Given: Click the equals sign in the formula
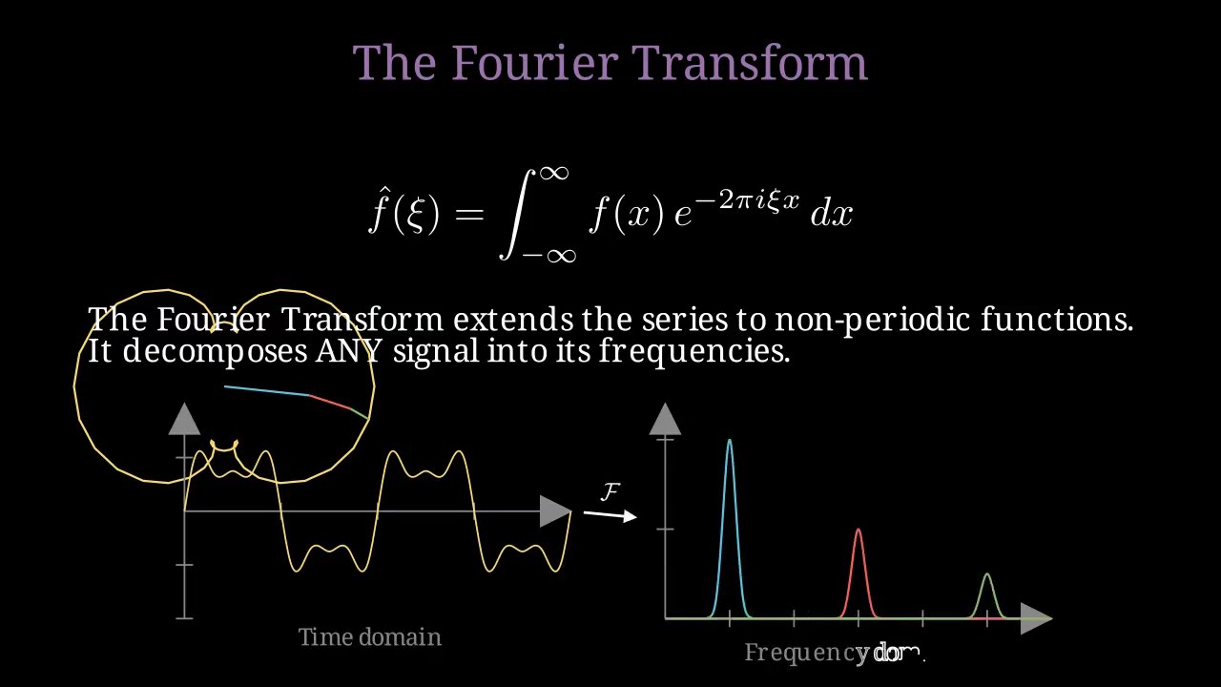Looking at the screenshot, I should (x=468, y=215).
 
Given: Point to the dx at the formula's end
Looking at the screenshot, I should (x=831, y=215).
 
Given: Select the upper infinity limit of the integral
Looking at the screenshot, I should (x=554, y=173).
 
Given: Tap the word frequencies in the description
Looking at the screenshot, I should (x=693, y=351).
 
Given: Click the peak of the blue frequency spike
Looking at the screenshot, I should (x=730, y=440).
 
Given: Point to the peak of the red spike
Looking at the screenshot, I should (x=859, y=530).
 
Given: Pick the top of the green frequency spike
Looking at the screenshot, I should (x=987, y=573).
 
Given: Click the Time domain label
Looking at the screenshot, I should (x=370, y=636).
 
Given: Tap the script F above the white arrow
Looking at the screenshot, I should (x=610, y=491).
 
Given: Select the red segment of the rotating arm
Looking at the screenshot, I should (x=329, y=402).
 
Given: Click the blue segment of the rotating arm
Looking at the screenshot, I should (x=266, y=390).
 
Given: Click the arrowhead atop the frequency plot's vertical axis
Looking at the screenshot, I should (x=665, y=419).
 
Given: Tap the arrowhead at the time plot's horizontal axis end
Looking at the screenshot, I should (x=555, y=511).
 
